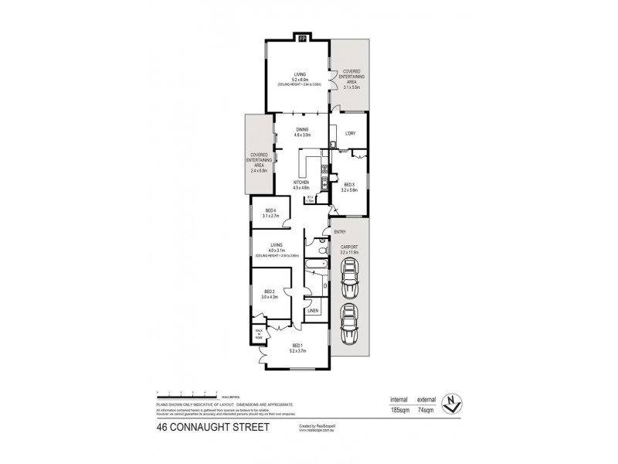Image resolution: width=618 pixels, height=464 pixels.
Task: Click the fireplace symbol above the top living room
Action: [302, 36]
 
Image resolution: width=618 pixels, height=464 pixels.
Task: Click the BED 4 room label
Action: [270, 211]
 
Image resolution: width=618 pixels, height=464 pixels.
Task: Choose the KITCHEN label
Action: [301, 183]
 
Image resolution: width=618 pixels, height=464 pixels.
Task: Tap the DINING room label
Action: [302, 130]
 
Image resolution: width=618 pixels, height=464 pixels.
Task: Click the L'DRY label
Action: [349, 134]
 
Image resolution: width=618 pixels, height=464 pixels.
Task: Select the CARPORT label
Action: [350, 247]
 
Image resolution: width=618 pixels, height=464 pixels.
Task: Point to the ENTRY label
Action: [338, 231]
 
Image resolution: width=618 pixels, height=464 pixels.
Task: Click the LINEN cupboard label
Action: [313, 311]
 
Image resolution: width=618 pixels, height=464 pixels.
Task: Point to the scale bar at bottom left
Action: [186, 392]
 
